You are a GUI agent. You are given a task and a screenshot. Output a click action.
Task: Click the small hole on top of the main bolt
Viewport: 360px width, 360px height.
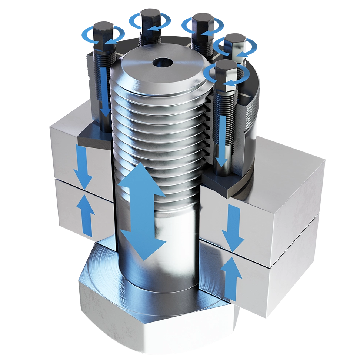[162, 62]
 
